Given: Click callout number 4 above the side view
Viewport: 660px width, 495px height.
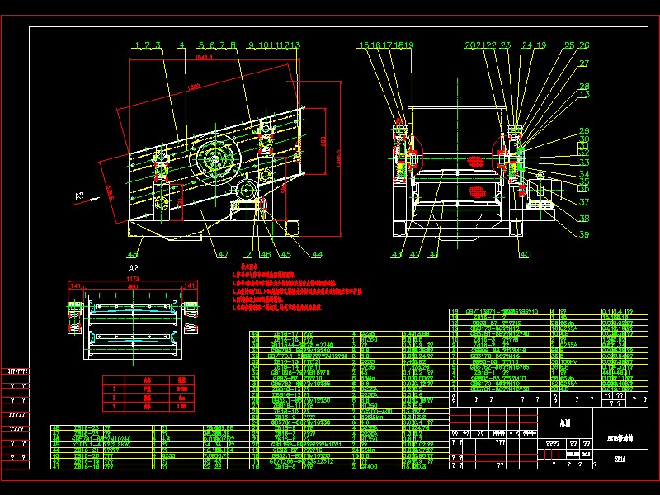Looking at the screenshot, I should coord(181,45).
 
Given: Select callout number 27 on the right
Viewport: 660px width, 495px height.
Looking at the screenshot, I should coord(584,64).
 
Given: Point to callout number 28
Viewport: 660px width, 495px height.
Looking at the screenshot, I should coord(584,87).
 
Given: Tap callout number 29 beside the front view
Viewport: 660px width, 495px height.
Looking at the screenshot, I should coord(584,131).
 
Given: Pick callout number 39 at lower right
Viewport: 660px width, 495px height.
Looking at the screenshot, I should coord(584,235).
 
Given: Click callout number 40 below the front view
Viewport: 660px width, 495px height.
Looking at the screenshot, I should coord(524,255).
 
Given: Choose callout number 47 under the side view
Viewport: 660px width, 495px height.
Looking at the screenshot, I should coord(223,255).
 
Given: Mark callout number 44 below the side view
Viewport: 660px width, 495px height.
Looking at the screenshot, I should coord(317,255).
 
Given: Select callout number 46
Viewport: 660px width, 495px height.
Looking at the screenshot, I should coord(265,255).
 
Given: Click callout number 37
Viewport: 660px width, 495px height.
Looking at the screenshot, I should coord(584,202).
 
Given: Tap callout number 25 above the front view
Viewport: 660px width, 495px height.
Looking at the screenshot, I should coord(569,45).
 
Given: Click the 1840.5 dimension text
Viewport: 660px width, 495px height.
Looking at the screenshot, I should coord(203,59).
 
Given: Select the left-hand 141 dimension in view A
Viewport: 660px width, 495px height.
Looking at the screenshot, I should coord(75,286).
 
